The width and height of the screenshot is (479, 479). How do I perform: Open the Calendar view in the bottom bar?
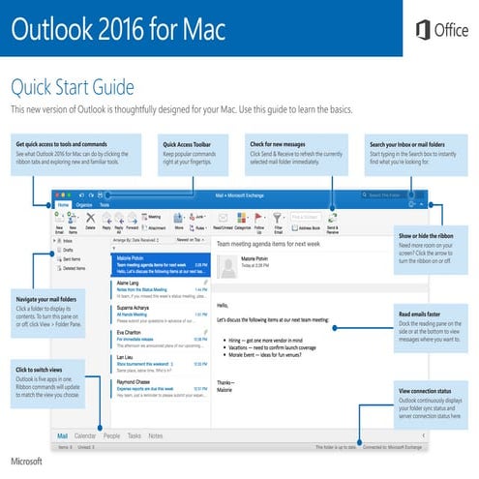point(85,436)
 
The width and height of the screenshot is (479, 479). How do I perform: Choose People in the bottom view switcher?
point(111,436)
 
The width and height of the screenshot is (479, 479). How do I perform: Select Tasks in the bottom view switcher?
point(135,436)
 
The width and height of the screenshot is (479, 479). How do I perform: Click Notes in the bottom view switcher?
point(156,436)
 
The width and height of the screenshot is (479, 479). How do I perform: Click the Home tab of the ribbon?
point(64,205)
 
